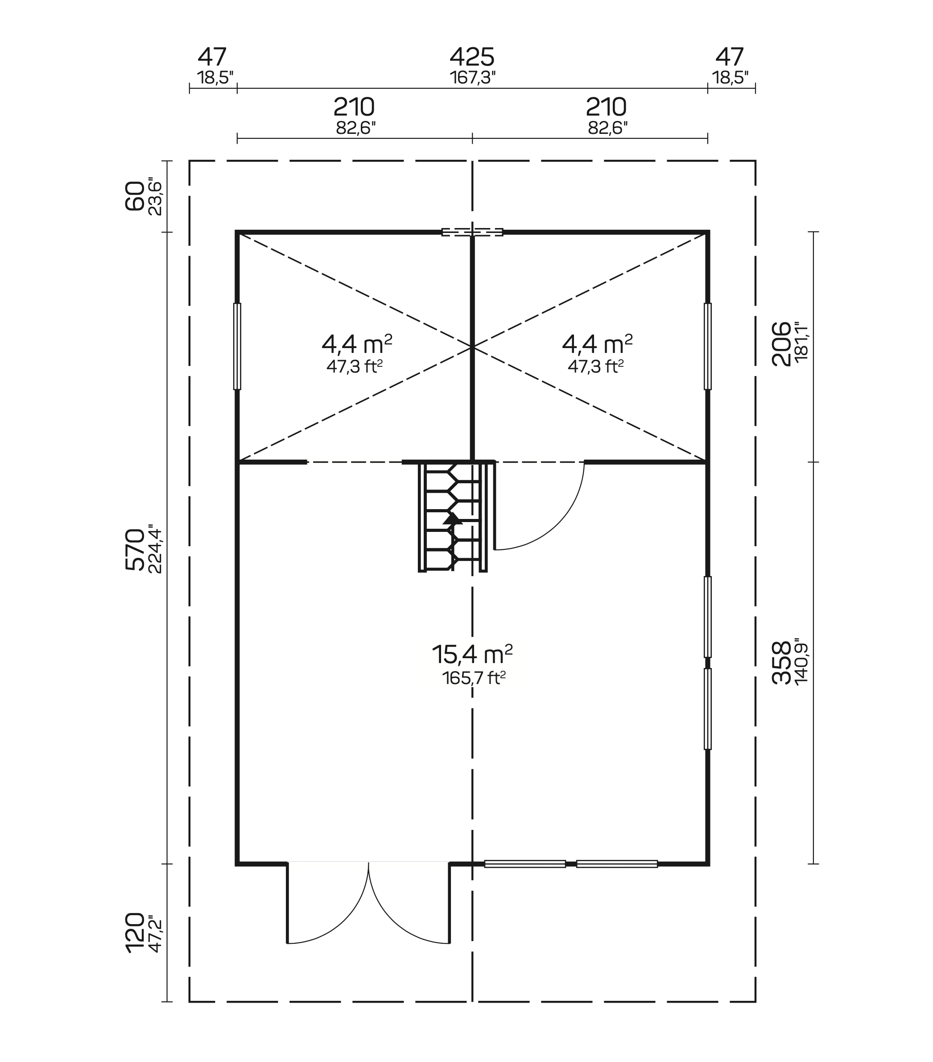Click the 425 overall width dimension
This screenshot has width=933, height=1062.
(471, 57)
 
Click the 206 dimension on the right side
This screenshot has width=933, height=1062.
(781, 344)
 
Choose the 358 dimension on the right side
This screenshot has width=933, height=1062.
(781, 663)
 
